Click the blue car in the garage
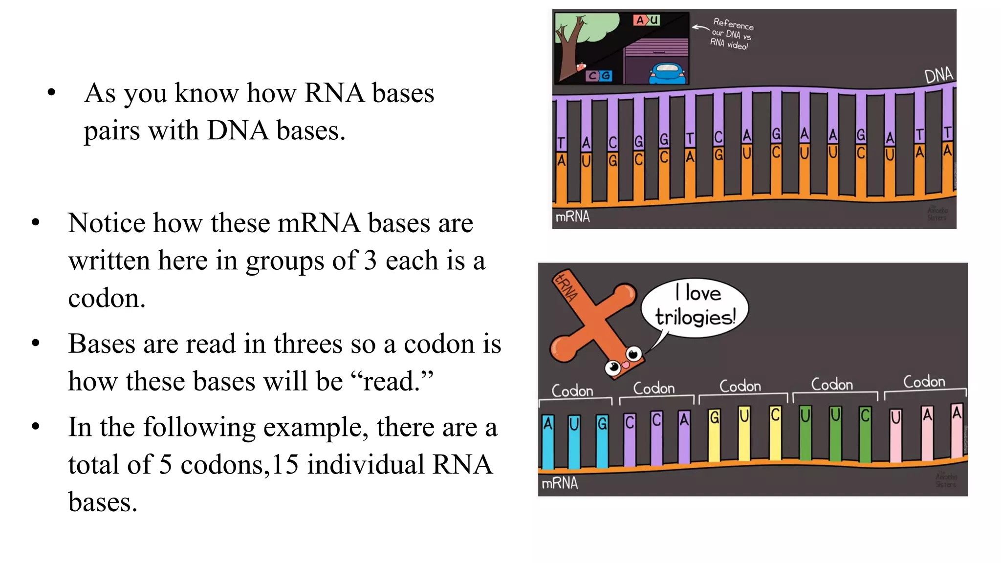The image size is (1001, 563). pos(667,73)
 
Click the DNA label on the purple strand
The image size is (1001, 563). pos(938,76)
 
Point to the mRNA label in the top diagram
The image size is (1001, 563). pos(572,217)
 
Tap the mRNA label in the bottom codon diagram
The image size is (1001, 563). pos(560,483)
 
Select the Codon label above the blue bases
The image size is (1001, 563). pos(572,391)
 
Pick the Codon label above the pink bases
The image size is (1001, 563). pos(924,382)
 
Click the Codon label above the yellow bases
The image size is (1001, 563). pos(740,386)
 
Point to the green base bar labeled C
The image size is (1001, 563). pos(865,435)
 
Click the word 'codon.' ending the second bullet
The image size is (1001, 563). pos(107,299)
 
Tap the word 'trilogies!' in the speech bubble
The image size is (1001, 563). pos(695,318)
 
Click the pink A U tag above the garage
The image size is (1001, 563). pos(647,21)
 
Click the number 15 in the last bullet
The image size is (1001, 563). pos(285,464)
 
